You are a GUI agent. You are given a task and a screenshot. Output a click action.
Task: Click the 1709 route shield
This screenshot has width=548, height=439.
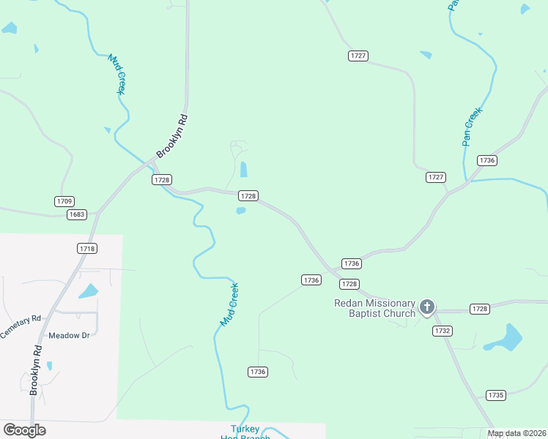tap(64, 201)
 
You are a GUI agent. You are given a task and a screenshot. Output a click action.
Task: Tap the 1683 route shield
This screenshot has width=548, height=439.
tap(76, 214)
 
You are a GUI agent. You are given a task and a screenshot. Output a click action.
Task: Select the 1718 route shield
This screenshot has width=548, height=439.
tap(87, 249)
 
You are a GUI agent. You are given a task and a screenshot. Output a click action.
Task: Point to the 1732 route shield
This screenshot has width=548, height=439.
tap(442, 331)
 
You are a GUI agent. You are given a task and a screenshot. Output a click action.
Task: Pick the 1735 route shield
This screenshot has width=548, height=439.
tap(496, 395)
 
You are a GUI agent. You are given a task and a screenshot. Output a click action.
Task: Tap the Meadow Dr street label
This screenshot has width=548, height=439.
tap(68, 336)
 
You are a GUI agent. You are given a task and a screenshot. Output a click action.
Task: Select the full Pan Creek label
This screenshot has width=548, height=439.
tap(473, 127)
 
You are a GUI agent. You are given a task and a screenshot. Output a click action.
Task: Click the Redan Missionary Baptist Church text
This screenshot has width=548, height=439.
tap(375, 308)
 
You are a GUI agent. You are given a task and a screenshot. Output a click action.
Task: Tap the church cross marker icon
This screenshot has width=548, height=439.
tap(427, 307)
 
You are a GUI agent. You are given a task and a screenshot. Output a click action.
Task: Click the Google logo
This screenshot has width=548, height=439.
tap(24, 429)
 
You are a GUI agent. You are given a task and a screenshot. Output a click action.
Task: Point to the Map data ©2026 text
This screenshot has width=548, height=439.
tap(516, 433)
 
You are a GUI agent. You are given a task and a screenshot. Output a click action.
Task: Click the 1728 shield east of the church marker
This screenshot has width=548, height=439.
tap(480, 309)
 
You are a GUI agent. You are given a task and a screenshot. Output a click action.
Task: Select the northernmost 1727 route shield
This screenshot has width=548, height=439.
tap(358, 56)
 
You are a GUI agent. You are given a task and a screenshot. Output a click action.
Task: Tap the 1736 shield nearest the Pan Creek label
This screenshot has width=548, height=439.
tap(487, 160)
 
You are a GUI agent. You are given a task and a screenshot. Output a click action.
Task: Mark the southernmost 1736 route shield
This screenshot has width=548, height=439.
tap(257, 372)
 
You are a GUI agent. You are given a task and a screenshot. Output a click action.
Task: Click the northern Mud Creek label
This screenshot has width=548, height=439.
tap(117, 74)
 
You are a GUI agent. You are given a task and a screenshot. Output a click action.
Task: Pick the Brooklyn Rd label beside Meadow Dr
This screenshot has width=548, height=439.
tap(37, 370)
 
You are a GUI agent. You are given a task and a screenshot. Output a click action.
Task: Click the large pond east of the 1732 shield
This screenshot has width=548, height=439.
tap(504, 339)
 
